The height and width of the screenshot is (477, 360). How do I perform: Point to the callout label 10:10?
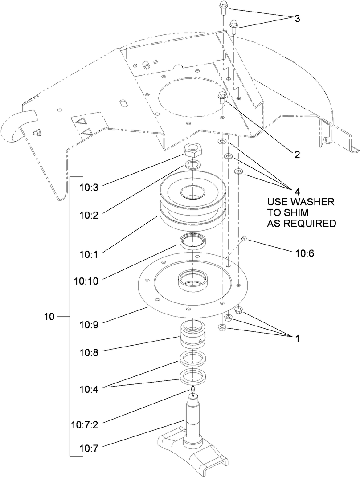click(x=87, y=281)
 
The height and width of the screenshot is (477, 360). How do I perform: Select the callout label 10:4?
click(x=89, y=388)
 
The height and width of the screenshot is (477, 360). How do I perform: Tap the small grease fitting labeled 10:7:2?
click(x=192, y=391)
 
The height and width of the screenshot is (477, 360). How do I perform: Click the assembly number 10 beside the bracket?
click(x=49, y=317)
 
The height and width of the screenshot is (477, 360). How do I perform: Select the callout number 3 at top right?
click(x=297, y=19)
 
